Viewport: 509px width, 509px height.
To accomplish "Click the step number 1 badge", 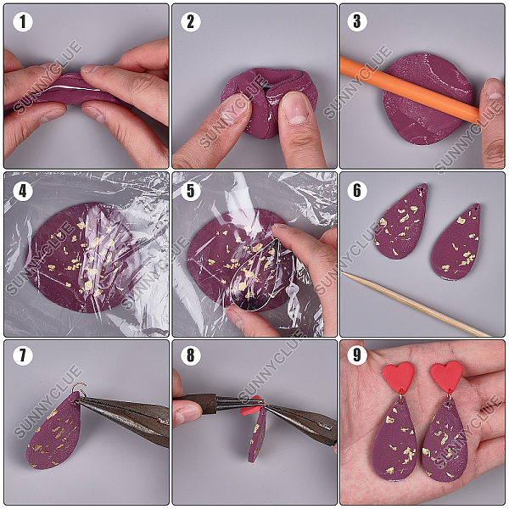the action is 23,22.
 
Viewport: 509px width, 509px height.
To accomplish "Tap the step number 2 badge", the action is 191,22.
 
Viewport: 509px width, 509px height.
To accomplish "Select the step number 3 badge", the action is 357,22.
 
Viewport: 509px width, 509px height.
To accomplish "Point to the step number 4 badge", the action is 23,191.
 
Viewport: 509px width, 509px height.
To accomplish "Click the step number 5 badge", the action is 191,191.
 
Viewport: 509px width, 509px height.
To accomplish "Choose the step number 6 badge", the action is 357,190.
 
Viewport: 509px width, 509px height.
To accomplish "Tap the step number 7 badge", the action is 23,355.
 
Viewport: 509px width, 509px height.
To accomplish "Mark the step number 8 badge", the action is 191,355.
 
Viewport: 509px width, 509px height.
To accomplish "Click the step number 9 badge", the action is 357,355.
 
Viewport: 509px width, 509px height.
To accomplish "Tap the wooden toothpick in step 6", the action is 416,304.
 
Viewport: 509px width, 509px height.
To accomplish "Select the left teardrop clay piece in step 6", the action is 401,221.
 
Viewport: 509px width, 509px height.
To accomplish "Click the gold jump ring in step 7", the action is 79,389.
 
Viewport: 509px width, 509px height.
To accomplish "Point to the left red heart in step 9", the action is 399,376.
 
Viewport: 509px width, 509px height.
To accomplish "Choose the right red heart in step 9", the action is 446,376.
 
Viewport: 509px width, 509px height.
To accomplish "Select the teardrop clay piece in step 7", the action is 54,431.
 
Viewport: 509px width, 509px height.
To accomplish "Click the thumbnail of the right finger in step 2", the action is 295,109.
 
